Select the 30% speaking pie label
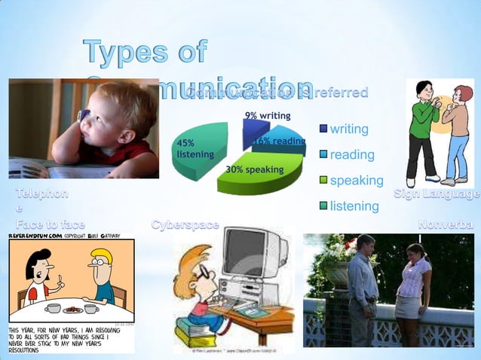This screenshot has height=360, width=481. pyautogui.click(x=254, y=169)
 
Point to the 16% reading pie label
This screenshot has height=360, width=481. pyautogui.click(x=280, y=141)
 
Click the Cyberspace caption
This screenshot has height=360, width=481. pyautogui.click(x=185, y=224)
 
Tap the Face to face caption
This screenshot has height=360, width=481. pyautogui.click(x=51, y=224)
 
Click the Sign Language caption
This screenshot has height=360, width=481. pyautogui.click(x=437, y=194)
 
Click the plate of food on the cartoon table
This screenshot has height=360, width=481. pyautogui.click(x=73, y=309)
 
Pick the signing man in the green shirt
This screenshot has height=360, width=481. pyautogui.click(x=423, y=132)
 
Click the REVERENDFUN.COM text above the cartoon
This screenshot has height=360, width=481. pyautogui.click(x=35, y=236)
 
